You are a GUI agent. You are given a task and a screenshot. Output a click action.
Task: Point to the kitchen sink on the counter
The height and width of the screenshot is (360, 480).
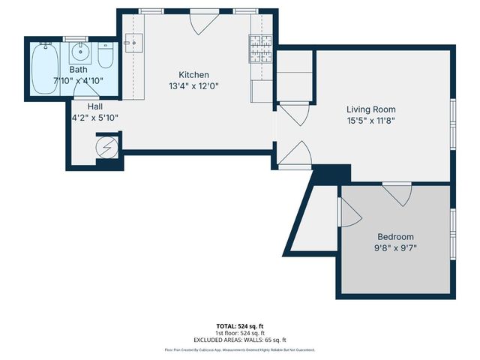click(x=134, y=42)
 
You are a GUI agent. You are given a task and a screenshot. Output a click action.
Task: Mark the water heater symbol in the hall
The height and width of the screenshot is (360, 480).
click(x=108, y=146)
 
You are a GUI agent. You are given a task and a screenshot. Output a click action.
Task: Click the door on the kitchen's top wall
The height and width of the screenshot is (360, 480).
click(x=200, y=22)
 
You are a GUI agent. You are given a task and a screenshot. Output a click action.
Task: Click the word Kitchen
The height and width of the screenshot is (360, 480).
click(x=193, y=75)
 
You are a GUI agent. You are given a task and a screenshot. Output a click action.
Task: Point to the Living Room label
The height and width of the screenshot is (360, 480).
click(x=370, y=109)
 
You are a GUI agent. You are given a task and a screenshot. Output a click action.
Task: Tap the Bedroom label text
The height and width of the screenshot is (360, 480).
click(x=395, y=237)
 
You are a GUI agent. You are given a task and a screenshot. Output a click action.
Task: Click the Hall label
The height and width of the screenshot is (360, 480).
click(x=94, y=106)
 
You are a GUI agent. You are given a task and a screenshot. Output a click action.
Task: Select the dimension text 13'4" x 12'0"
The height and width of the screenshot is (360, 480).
click(x=193, y=85)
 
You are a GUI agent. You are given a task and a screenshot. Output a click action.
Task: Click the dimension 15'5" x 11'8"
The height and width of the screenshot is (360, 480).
click(x=370, y=120)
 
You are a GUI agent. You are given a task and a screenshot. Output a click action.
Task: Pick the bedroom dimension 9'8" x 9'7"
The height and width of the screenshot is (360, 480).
click(x=395, y=248)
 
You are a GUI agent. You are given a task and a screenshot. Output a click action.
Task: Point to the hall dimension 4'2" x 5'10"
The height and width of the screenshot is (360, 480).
click(x=94, y=118)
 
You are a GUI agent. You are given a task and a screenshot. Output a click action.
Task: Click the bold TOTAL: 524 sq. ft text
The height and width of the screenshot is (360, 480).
click(x=240, y=325)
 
